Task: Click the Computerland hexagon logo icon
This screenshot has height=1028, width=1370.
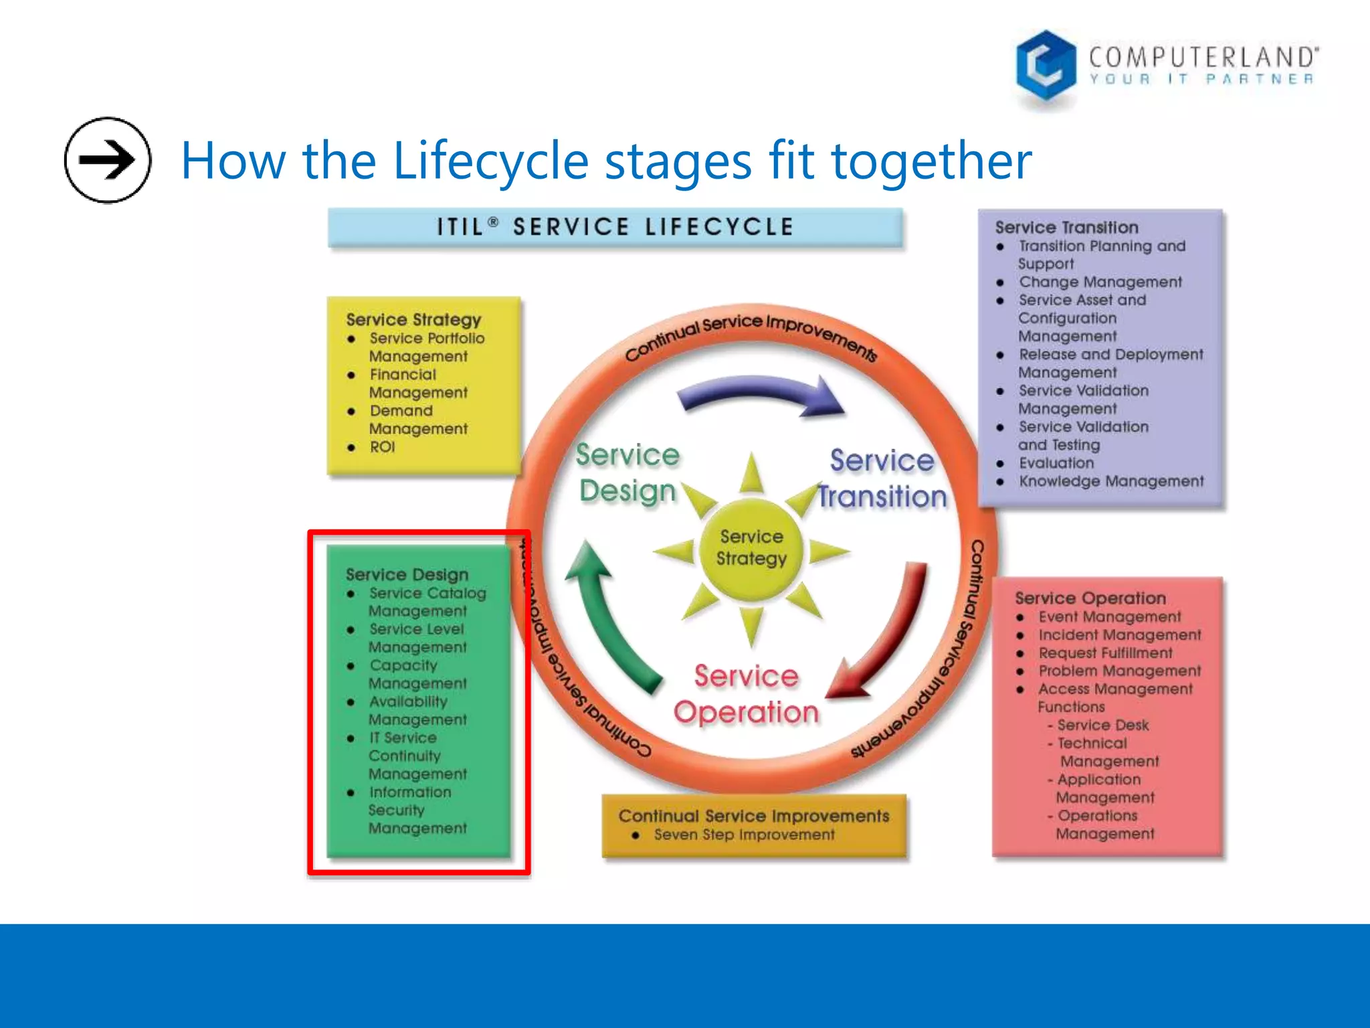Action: click(x=1046, y=65)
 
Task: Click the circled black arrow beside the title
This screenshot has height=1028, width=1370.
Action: click(x=107, y=160)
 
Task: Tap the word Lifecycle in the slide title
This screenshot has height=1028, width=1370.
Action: click(x=490, y=161)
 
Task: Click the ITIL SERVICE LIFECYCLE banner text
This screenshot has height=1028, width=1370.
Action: click(x=615, y=227)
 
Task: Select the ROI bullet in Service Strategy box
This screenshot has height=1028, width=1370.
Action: click(x=382, y=447)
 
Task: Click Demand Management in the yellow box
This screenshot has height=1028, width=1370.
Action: click(x=417, y=420)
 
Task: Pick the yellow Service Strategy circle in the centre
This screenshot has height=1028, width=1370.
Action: click(x=751, y=547)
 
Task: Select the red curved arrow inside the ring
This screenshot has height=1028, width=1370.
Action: click(x=890, y=636)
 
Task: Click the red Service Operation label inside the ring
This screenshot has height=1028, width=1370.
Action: click(x=746, y=694)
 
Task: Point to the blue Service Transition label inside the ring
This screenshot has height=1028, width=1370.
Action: click(x=882, y=479)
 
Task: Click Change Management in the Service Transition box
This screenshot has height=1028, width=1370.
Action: click(x=1100, y=282)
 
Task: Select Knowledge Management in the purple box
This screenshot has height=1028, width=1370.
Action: click(x=1110, y=481)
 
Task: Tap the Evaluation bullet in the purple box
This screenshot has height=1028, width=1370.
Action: click(x=1056, y=463)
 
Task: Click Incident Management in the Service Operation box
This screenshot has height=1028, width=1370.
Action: click(x=1119, y=634)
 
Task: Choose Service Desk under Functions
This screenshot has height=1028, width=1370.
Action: click(x=1102, y=725)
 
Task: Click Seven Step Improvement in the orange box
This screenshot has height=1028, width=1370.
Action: click(x=744, y=835)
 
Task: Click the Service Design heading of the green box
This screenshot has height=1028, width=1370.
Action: click(x=407, y=574)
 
